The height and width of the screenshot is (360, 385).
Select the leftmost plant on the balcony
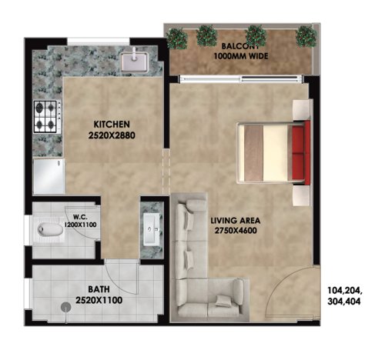[177, 37]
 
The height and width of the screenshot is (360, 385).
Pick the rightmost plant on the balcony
[306, 35]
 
